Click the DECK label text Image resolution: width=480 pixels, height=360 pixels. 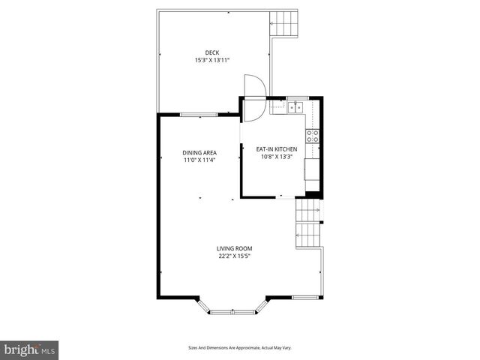tap(202, 52)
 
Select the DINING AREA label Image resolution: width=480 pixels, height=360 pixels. tap(178, 152)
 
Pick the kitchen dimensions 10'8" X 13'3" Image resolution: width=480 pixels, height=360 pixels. tap(279, 157)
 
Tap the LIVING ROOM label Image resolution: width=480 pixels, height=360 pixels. tap(235, 248)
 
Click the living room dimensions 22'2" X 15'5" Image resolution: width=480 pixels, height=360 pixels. tap(235, 256)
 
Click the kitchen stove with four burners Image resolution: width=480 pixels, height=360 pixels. tap(312, 136)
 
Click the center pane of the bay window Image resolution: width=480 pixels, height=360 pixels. tap(232, 311)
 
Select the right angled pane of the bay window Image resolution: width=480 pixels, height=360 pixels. tap(263, 305)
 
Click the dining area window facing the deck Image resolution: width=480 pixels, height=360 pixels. tap(199, 115)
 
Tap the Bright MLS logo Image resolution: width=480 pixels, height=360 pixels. tap(30, 349)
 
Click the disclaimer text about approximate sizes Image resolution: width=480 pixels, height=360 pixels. tap(240, 347)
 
